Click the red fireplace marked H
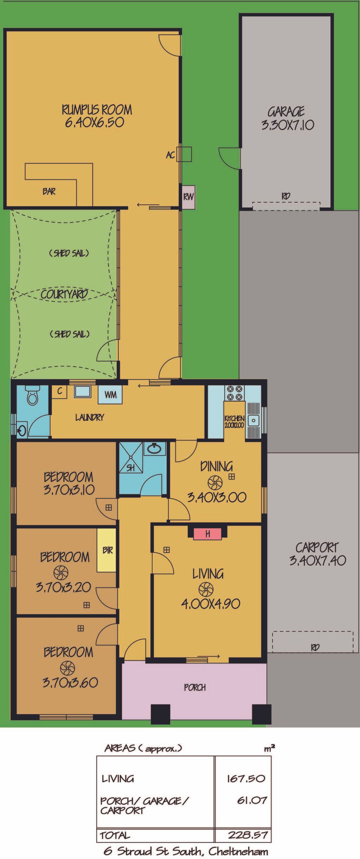click(207, 534)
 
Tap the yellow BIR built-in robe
click(107, 550)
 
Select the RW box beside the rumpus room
click(188, 197)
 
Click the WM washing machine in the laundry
click(110, 394)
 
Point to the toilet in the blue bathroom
click(33, 395)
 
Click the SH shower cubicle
click(131, 458)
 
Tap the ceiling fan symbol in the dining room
click(215, 483)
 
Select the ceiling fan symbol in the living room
click(206, 589)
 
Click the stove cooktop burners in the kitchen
click(235, 393)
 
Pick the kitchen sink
click(253, 420)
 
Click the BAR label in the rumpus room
click(49, 191)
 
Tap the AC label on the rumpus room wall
click(171, 155)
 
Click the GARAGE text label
click(286, 112)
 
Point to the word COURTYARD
click(64, 294)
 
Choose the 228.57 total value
click(248, 835)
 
